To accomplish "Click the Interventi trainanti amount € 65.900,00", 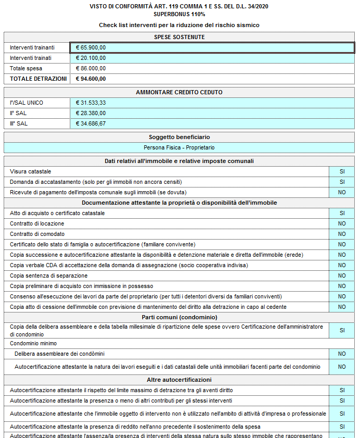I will (91, 47).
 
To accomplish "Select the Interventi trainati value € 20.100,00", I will (91, 58).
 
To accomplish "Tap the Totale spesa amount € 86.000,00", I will (91, 68).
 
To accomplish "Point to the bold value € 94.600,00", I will (91, 79).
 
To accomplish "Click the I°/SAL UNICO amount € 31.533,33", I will (91, 103).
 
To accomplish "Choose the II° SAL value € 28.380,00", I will (91, 113).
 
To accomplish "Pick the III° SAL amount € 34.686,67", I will (91, 123).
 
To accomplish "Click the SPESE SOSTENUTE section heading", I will (179, 37).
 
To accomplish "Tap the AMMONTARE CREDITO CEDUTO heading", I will (179, 92).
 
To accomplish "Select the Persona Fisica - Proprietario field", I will (179, 147).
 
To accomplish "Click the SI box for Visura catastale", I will (342, 171).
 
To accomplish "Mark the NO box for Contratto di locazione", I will (342, 223).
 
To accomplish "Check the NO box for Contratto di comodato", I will (342, 234).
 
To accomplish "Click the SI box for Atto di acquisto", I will (342, 213).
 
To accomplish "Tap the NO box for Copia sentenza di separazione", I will (342, 276).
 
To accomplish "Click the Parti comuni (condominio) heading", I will (179, 317).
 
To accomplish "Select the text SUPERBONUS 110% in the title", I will (179, 14).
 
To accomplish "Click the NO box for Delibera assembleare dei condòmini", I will (342, 354).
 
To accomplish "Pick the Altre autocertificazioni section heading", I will (179, 380).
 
